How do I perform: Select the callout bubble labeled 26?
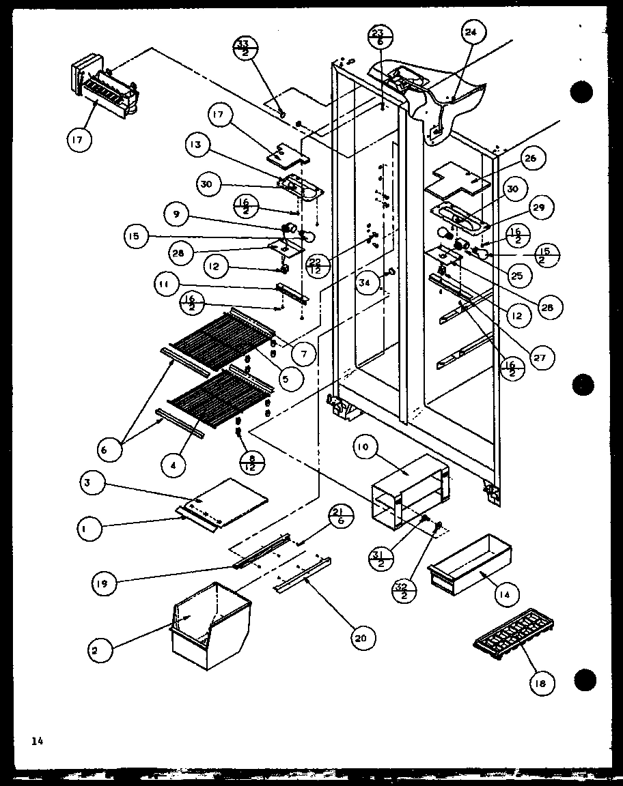[531, 158]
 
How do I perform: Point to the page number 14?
[36, 740]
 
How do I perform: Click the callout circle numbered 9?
[176, 214]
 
